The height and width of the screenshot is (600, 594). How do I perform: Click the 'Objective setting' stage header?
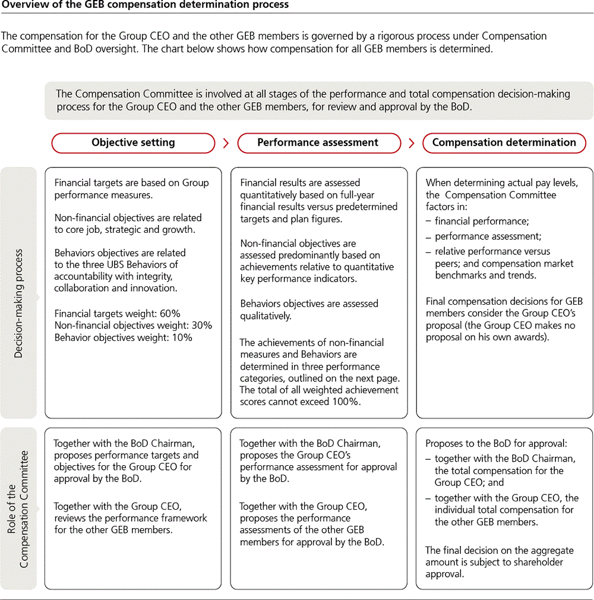[133, 143]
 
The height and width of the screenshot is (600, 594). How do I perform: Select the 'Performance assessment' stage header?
[318, 143]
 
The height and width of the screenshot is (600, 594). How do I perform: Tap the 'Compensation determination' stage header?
[504, 143]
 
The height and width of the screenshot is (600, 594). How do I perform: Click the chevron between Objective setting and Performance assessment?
[226, 143]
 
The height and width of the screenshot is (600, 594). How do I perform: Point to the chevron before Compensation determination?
[412, 143]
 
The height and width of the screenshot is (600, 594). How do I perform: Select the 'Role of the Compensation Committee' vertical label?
[18, 509]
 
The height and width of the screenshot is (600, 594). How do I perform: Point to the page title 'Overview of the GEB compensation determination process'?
[145, 5]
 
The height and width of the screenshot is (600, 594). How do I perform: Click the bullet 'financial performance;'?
[482, 221]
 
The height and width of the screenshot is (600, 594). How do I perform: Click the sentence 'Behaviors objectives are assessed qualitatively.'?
[309, 310]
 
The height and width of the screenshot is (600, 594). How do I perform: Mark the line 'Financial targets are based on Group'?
[131, 182]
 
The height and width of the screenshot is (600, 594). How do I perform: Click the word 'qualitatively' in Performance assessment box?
[266, 316]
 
